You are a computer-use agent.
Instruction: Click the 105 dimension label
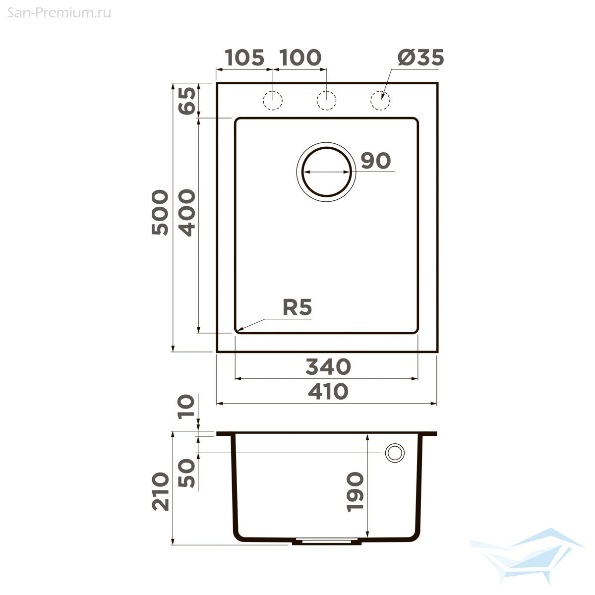pos(244,58)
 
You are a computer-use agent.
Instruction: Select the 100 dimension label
pos(301,58)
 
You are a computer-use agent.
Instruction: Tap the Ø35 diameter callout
pos(420,58)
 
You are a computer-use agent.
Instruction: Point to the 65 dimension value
pos(187,101)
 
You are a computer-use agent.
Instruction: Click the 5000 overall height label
pos(160,212)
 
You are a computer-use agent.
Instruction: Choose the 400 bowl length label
pos(187,213)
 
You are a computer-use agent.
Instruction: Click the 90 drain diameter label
pos(376,161)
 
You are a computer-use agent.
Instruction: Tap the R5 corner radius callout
pos(297,307)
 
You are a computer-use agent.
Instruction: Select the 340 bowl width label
pos(328,366)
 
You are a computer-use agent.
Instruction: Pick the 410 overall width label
pos(328,391)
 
